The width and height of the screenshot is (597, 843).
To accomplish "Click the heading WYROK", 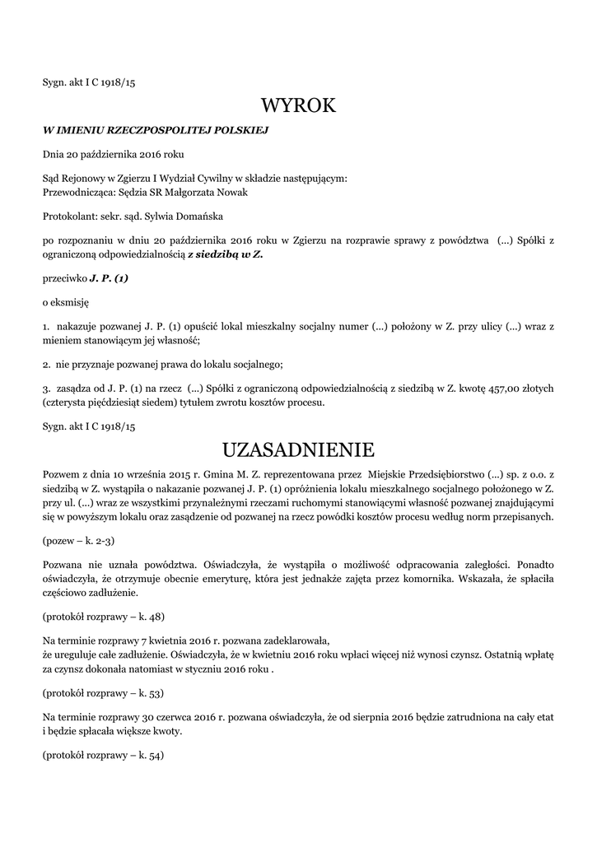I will pos(298,105).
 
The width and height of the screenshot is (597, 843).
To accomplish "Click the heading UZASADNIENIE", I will pos(298,449).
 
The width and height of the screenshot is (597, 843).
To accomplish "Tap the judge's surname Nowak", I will pos(229,193).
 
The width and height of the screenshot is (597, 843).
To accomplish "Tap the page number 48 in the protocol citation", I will pos(152,615).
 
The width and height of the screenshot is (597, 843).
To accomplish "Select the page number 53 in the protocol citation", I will pos(152,692).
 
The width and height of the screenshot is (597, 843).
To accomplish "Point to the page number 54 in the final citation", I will pos(152,755).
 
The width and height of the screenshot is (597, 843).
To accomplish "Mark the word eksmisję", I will pos(72,302).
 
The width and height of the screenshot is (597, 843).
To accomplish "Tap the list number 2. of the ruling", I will pos(47,364).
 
